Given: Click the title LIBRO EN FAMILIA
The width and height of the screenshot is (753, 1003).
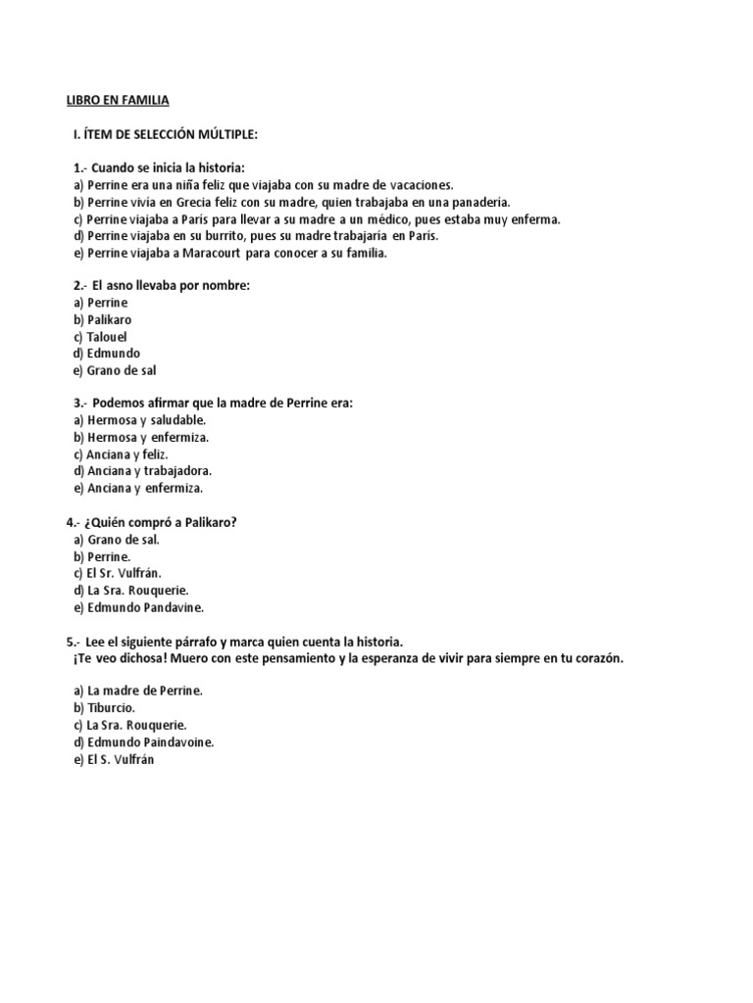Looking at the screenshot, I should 118,100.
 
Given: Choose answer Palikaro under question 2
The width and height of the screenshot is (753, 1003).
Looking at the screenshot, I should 109,319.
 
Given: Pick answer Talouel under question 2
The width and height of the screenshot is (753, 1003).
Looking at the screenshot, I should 107,337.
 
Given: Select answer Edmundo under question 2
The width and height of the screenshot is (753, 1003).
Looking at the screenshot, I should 113,354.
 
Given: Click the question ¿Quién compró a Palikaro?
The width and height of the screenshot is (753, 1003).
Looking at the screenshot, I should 159,523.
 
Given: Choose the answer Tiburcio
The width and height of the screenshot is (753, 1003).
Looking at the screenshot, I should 111,707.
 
